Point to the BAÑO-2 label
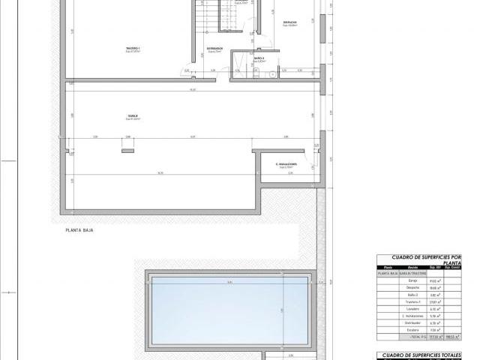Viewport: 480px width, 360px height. [259, 57]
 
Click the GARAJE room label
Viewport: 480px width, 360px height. [132, 115]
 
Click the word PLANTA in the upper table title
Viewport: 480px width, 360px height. [452, 263]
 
